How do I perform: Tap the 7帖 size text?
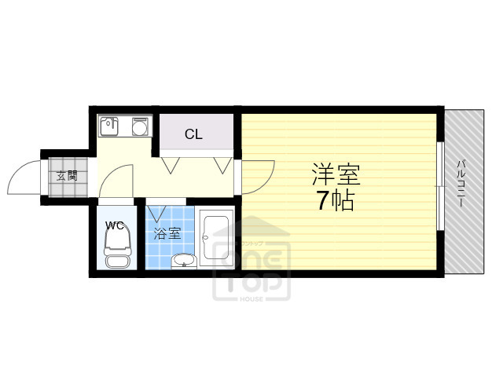coord(336,201)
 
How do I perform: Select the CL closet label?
coord(193,134)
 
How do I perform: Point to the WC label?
coord(116,225)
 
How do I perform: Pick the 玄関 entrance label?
coord(66,175)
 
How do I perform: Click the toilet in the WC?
coord(116,252)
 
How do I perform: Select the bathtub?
coord(218,240)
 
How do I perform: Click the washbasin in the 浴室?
coord(183,261)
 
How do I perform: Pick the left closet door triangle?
coord(170,165)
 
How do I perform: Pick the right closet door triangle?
coord(222,165)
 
